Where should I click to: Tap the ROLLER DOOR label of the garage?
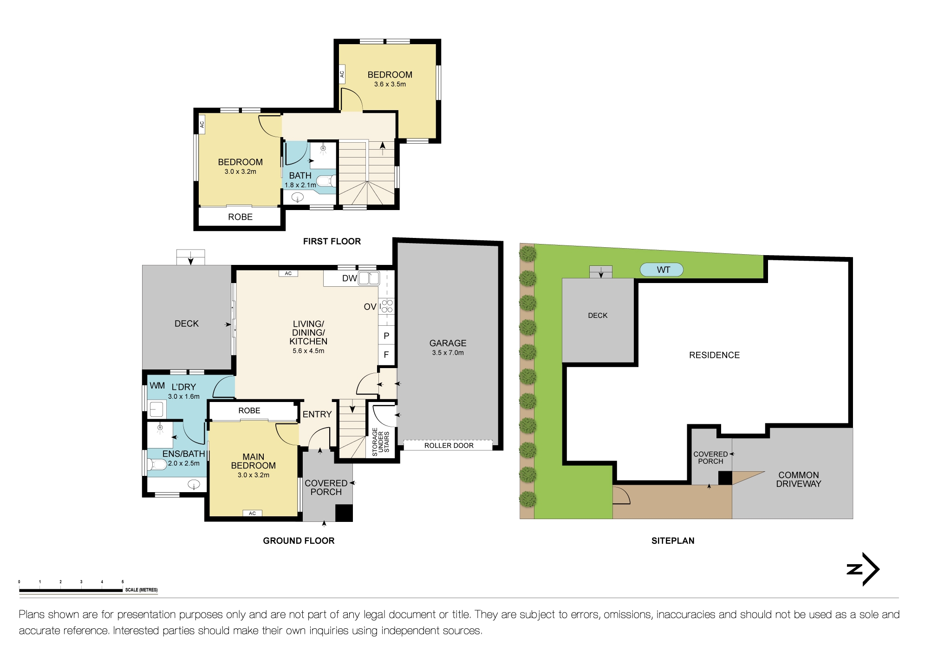tap(449, 445)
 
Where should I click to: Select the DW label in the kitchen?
tap(349, 278)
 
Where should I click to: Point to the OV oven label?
tap(370, 307)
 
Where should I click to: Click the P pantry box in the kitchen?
tap(386, 336)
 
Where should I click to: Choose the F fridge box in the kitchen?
tap(386, 355)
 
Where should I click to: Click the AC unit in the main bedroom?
tap(252, 513)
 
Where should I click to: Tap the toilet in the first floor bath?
tap(326, 181)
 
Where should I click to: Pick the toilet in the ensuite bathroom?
tap(157, 464)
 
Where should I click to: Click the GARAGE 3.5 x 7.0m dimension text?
tap(448, 353)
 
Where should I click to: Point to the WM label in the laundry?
tap(157, 386)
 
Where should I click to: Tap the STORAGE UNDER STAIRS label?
tap(380, 442)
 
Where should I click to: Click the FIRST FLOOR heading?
tap(332, 241)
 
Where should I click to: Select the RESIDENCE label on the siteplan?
tap(714, 355)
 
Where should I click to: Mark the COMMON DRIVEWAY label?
tap(798, 479)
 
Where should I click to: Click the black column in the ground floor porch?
tap(344, 513)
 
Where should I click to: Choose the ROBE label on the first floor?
tap(240, 217)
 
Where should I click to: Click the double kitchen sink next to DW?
tap(369, 278)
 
